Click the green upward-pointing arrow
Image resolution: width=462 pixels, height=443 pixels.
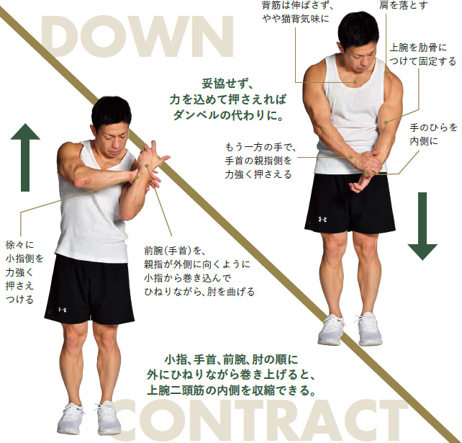[25, 157]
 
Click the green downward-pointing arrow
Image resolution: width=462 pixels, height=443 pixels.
[422, 226]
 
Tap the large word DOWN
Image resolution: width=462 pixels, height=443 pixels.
[137, 37]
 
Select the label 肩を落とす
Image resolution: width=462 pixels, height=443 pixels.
[403, 5]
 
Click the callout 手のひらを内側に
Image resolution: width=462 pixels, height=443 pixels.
[433, 135]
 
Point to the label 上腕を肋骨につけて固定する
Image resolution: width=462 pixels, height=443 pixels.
[422, 55]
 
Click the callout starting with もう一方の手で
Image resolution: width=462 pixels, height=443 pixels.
[261, 161]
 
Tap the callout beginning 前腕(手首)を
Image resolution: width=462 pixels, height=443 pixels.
[199, 272]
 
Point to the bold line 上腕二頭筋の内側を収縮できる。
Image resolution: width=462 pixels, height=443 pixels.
[231, 390]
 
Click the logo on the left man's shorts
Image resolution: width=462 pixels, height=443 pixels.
[62, 310]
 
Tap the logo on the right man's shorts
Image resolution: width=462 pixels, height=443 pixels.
[322, 220]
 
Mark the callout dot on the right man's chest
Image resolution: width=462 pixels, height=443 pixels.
[355, 82]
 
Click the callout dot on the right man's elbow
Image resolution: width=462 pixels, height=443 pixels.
[386, 122]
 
